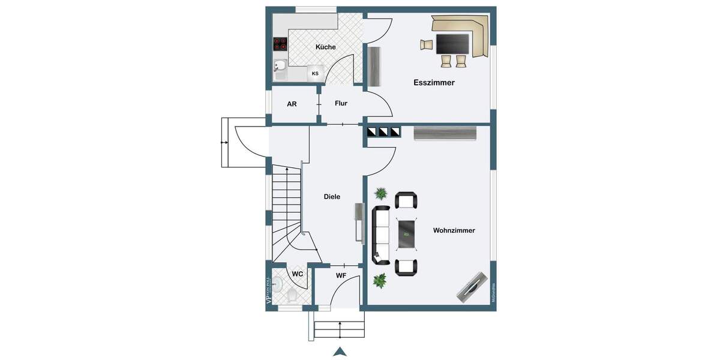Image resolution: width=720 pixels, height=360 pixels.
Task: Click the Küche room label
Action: [x=325, y=47]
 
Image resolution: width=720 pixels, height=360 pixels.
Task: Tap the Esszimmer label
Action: [x=434, y=83]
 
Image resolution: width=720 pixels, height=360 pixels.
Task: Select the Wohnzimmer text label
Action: [x=454, y=230]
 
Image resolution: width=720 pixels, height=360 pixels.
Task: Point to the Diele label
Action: [x=332, y=197]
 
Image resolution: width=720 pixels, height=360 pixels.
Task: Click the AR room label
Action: [x=292, y=104]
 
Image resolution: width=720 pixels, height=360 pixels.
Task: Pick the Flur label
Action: [x=341, y=103]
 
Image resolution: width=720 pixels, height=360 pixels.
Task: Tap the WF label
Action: [x=341, y=276]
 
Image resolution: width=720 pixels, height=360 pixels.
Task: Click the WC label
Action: [x=297, y=274]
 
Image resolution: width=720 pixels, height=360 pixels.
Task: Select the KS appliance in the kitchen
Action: [x=315, y=73]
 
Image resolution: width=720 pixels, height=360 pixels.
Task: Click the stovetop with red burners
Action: [x=281, y=44]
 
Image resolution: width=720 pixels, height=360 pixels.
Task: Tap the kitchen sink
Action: [x=280, y=65]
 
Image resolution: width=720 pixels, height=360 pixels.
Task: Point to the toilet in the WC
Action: [x=292, y=295]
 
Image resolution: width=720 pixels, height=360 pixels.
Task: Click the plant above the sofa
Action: [x=380, y=193]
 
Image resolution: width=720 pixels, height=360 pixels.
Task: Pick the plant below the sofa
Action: [x=379, y=280]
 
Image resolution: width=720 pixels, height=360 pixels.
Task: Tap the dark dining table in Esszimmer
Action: [x=452, y=44]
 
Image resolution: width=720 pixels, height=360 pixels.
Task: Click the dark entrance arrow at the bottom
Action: [x=340, y=352]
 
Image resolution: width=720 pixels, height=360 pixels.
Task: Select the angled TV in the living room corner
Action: [x=473, y=287]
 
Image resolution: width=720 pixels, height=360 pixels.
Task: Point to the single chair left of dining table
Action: [x=427, y=44]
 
